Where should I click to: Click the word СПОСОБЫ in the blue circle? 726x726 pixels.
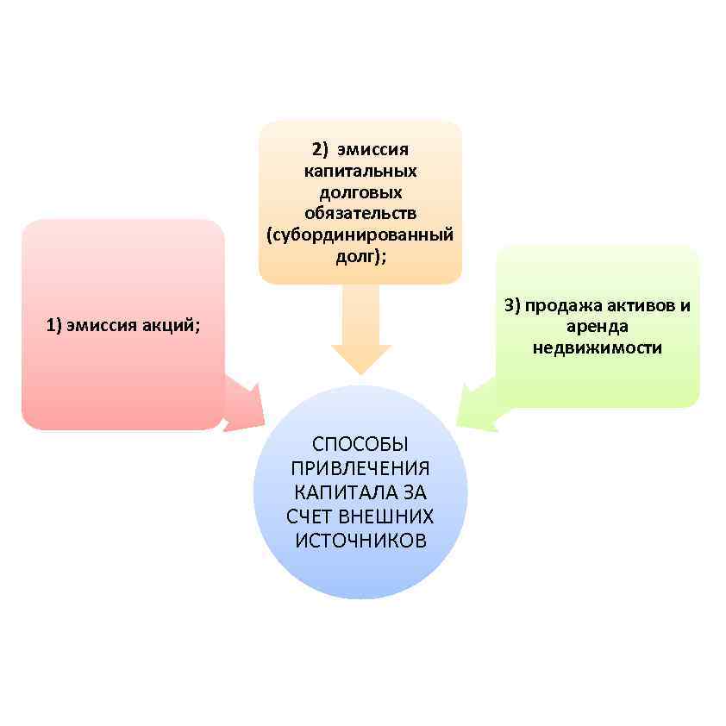click(x=360, y=445)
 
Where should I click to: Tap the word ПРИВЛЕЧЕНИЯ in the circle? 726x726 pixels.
click(x=360, y=469)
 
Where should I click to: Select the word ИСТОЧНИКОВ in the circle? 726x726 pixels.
click(x=360, y=541)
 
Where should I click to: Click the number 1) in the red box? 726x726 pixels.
click(x=54, y=325)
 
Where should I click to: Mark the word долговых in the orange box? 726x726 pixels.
click(x=360, y=192)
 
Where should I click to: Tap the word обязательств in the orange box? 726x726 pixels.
click(x=360, y=213)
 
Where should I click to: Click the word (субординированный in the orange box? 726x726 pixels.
click(x=360, y=235)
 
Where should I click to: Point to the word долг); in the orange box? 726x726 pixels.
click(x=360, y=256)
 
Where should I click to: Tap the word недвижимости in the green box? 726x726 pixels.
click(x=597, y=348)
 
